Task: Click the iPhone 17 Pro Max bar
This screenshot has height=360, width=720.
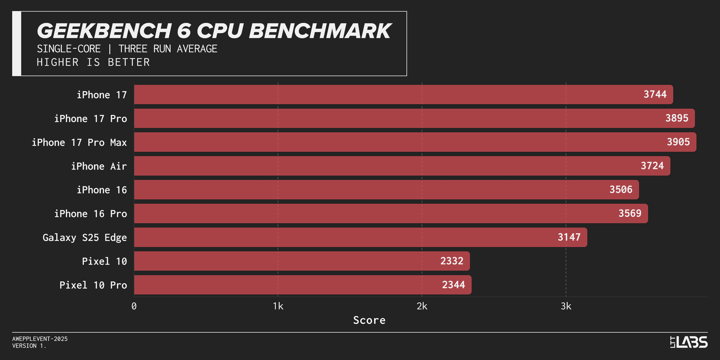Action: [414, 142]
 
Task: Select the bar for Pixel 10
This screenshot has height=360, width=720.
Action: [302, 261]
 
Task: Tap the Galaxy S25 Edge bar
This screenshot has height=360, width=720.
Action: [360, 237]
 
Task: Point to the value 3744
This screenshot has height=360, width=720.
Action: [655, 94]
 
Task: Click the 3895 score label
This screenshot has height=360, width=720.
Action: [676, 118]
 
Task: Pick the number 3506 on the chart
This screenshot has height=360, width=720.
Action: [621, 189]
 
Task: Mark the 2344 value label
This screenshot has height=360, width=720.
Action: [453, 285]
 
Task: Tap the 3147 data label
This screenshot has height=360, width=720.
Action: [569, 237]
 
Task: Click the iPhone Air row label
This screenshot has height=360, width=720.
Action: [99, 166]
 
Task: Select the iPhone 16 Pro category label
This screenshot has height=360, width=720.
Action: [90, 214]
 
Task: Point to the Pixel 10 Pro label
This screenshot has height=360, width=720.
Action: [93, 285]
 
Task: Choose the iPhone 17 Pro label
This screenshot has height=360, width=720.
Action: [90, 119]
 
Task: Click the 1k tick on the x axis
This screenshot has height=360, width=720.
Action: [278, 306]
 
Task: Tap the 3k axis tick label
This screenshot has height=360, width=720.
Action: [566, 306]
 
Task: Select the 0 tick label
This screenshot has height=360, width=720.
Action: [134, 306]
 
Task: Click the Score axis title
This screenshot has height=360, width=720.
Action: [369, 320]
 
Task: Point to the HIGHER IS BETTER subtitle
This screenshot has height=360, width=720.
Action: [93, 62]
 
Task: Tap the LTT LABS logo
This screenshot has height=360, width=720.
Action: [689, 342]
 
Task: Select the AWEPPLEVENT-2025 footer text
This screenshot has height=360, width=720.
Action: [40, 339]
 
